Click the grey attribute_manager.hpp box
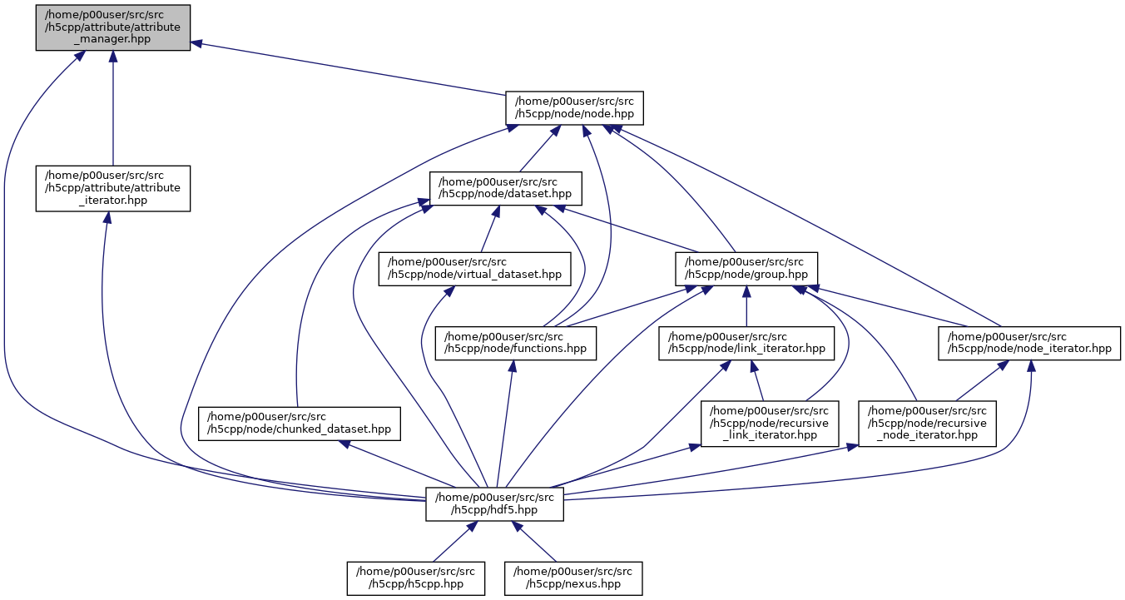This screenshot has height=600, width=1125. (x=112, y=27)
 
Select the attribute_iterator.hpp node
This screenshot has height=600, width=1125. (x=112, y=188)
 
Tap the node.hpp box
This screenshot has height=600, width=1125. (x=575, y=107)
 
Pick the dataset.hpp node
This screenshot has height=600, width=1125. (x=505, y=188)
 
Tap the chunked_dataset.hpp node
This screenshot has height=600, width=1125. (x=299, y=423)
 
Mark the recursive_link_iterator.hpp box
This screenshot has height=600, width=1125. (x=770, y=423)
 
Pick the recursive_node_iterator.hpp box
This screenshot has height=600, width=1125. (x=927, y=423)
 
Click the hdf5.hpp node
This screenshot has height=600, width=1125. (x=494, y=503)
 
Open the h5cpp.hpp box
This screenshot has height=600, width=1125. (x=416, y=578)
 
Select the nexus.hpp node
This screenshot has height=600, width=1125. (x=573, y=578)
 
